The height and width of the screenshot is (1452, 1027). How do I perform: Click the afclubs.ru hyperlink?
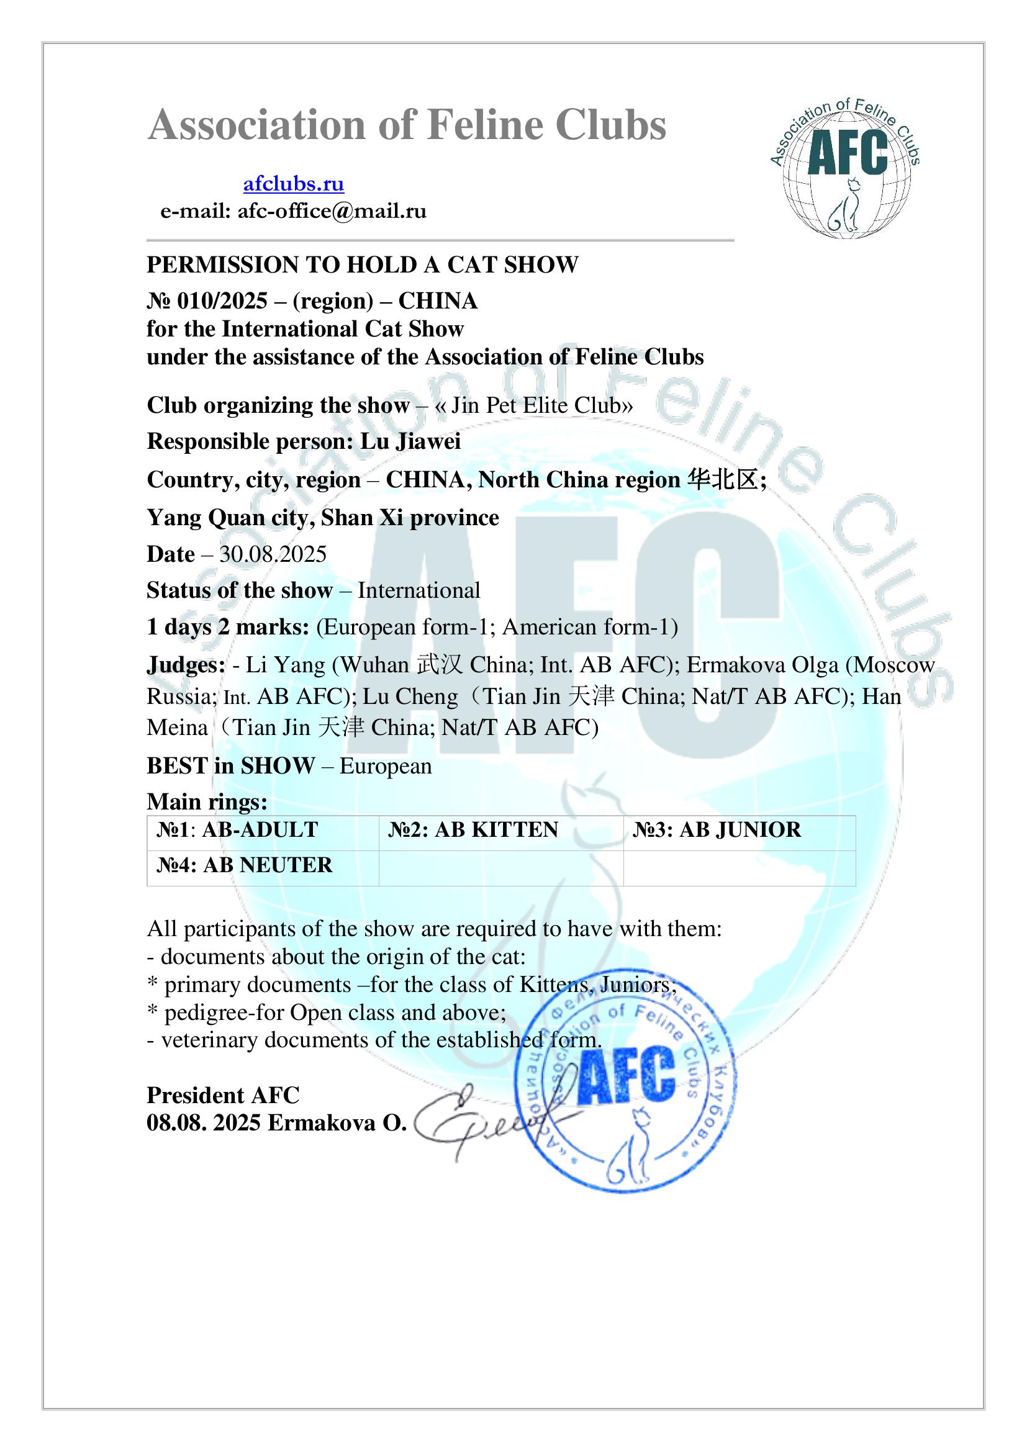pyautogui.click(x=294, y=184)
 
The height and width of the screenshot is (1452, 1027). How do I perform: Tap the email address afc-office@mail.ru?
pyautogui.click(x=332, y=211)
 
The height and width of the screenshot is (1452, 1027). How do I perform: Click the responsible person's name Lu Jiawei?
pyautogui.click(x=410, y=441)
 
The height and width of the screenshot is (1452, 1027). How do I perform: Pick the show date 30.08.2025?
pyautogui.click(x=273, y=554)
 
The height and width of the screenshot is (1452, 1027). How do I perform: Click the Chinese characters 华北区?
pyautogui.click(x=723, y=480)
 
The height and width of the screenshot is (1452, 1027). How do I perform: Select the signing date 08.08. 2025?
pyautogui.click(x=204, y=1123)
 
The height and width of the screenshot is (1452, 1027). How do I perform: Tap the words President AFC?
pyautogui.click(x=224, y=1095)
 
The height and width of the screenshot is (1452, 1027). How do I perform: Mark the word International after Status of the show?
pyautogui.click(x=418, y=590)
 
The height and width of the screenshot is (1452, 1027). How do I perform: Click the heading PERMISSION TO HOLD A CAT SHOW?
pyautogui.click(x=363, y=265)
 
